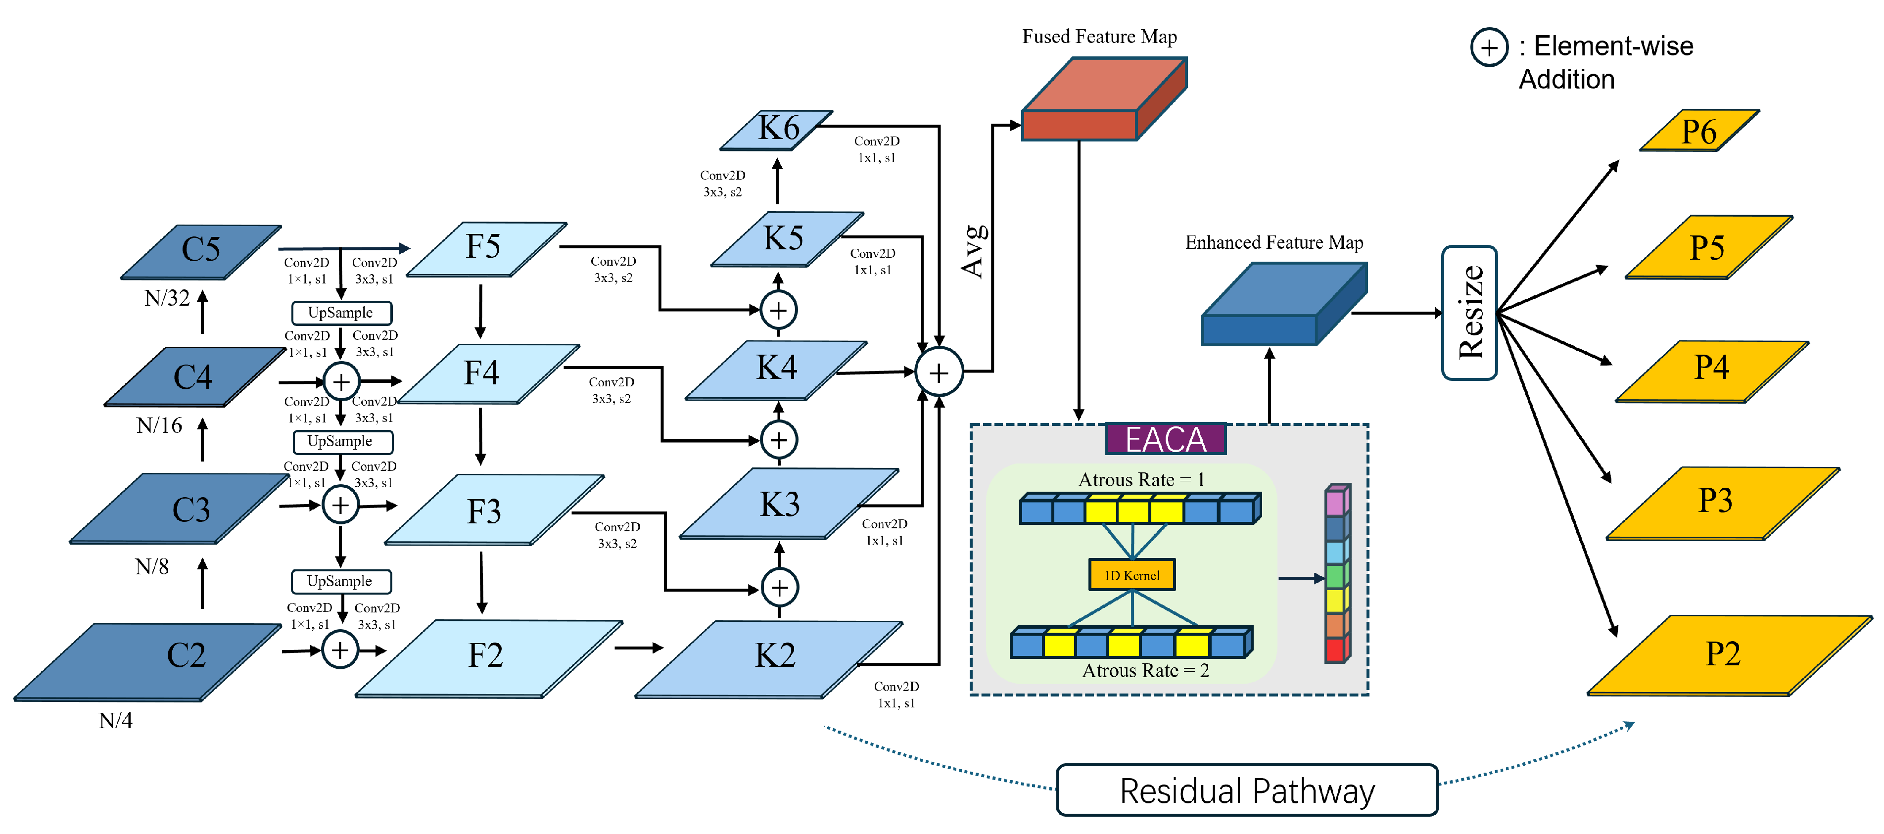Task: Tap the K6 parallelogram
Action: (777, 130)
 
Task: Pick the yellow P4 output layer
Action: (1711, 370)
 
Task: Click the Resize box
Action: (1469, 313)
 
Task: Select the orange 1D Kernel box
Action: (1131, 574)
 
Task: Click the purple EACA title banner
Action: (1165, 439)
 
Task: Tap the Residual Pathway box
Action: (1247, 790)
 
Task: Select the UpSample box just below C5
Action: (341, 313)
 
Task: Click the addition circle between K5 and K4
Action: (778, 311)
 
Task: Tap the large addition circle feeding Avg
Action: (939, 372)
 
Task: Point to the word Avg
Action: (974, 252)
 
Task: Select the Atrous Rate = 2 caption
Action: (1145, 670)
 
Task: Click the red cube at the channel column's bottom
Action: (1335, 649)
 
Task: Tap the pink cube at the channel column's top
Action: (1335, 503)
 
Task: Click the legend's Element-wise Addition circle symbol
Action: (1489, 47)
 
